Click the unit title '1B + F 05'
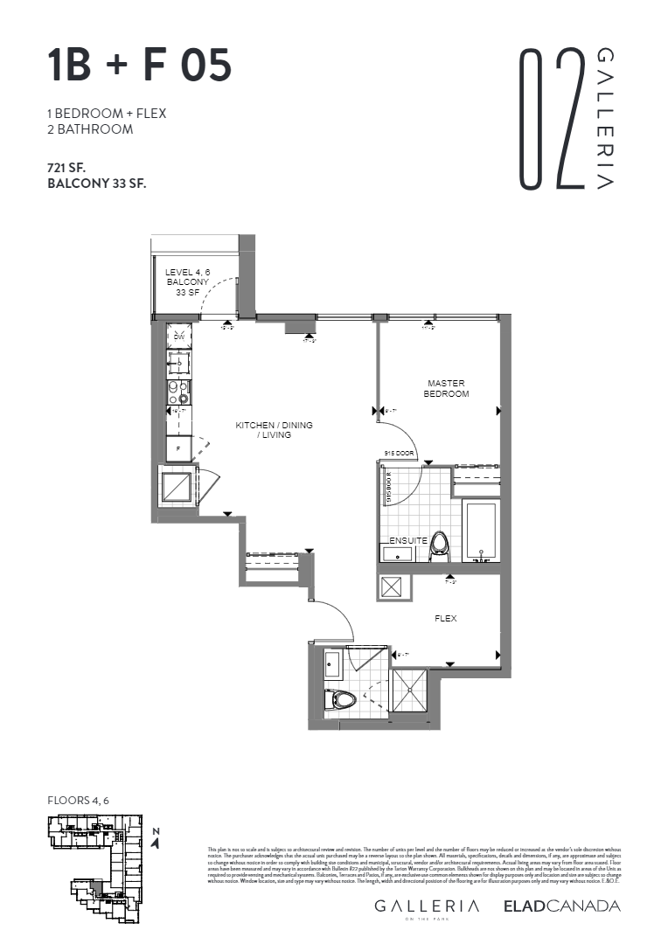click(140, 66)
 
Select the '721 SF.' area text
click(73, 167)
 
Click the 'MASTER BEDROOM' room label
click(446, 388)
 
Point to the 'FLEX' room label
click(446, 619)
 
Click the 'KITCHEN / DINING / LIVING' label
click(274, 430)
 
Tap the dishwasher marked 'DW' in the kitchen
click(179, 337)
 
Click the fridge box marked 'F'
click(179, 448)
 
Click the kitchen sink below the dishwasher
click(179, 361)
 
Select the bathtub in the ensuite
click(480, 530)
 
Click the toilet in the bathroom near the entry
click(343, 700)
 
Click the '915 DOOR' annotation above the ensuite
click(399, 454)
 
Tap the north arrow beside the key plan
click(155, 839)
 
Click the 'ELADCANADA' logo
click(561, 906)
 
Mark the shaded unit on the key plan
click(96, 888)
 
